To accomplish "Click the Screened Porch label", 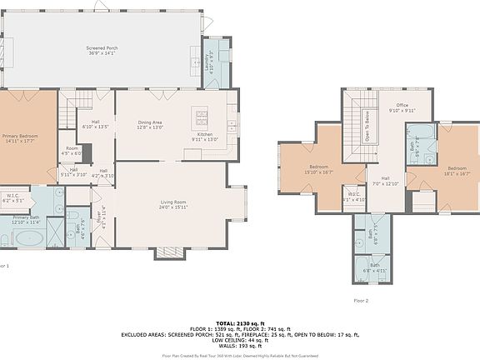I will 102,52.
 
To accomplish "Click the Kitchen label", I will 206,137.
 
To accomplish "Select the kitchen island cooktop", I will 201,114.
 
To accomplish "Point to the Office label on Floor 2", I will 402,107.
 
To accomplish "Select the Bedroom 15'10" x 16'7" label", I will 319,169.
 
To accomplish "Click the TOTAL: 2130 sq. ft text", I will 239,322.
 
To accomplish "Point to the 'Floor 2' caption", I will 360,299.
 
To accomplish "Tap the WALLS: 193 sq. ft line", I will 239,344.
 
